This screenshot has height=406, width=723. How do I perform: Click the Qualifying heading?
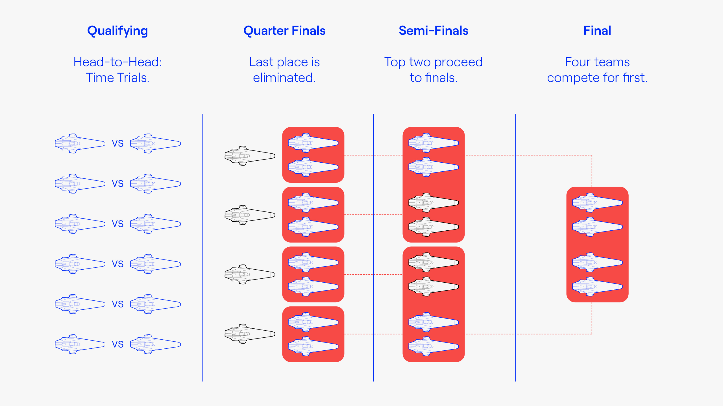(117, 31)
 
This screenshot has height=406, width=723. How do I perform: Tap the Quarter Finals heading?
(284, 30)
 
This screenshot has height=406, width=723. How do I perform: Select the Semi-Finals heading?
(433, 30)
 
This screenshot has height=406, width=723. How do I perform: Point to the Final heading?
(597, 30)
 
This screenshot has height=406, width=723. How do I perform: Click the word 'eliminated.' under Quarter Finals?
(284, 78)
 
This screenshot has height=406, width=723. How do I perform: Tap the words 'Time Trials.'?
(117, 78)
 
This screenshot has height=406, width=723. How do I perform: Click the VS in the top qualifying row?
(117, 143)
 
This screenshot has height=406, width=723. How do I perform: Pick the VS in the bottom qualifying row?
(117, 344)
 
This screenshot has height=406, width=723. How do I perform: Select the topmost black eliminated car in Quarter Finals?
(250, 156)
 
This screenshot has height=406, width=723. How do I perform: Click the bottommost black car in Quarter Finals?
(250, 334)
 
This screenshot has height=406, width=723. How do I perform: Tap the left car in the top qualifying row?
(80, 143)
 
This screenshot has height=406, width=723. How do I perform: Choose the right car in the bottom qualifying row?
(155, 344)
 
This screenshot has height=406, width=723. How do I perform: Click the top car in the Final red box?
(597, 202)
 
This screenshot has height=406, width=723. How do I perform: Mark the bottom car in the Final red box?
(597, 286)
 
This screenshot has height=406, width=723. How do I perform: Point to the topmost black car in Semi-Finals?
(434, 202)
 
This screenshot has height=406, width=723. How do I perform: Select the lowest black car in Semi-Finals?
(434, 286)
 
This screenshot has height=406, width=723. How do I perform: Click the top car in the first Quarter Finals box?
(313, 143)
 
